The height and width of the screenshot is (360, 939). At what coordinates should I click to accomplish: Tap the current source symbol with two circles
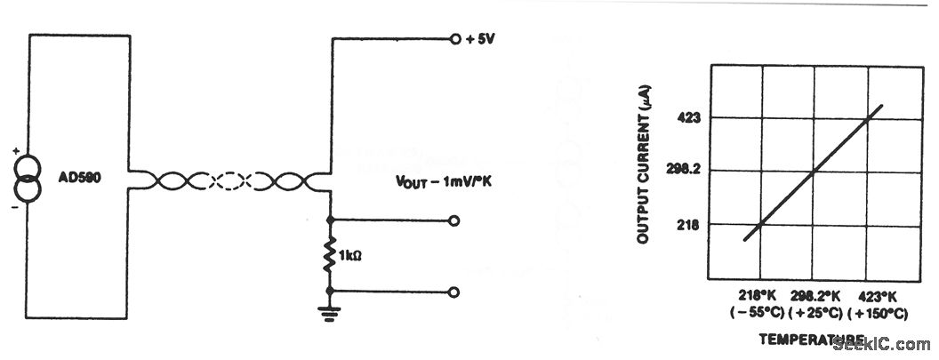click(x=28, y=178)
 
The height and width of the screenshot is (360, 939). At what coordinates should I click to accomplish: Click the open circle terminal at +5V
click(x=455, y=39)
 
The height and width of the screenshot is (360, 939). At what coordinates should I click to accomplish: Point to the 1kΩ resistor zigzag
click(x=330, y=254)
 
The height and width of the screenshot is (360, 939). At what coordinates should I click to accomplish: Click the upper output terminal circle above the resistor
click(x=455, y=219)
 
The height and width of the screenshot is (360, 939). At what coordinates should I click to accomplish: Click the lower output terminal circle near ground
click(x=455, y=291)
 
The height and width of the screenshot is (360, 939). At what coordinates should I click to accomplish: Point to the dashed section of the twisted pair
click(x=230, y=181)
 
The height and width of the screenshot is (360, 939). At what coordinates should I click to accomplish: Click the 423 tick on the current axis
click(x=689, y=117)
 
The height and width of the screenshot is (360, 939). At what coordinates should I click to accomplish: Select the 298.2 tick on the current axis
click(x=684, y=171)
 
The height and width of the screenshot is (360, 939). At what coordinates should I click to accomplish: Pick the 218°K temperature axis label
click(x=760, y=295)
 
